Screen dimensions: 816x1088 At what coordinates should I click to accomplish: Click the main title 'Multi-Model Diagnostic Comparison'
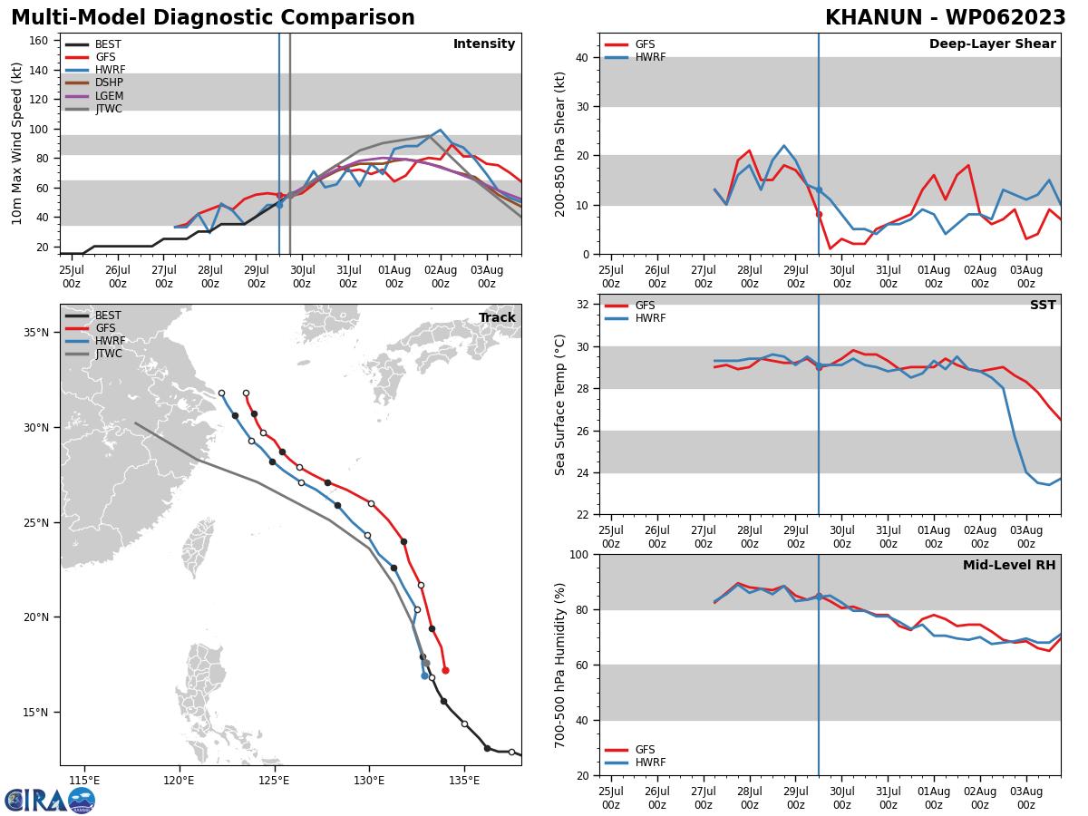213,18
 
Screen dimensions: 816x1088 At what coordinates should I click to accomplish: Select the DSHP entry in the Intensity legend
109,83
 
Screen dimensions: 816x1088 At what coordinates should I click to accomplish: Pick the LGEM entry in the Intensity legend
109,96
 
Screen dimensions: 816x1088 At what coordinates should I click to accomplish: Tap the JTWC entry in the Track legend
108,354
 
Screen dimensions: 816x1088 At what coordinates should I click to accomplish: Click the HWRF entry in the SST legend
650,318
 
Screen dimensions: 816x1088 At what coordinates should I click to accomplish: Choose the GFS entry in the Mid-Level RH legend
645,750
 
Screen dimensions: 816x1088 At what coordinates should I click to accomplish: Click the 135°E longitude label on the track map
464,780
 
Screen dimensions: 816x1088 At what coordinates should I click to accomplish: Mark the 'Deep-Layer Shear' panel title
992,44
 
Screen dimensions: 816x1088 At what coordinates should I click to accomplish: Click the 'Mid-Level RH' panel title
1009,566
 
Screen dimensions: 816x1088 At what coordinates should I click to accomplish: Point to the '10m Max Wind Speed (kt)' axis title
16,144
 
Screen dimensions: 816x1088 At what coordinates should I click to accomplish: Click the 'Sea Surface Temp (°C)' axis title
560,404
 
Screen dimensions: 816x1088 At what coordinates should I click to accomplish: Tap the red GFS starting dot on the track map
445,670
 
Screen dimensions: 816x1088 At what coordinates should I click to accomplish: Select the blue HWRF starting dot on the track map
424,675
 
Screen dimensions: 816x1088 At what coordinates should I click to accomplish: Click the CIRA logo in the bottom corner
50,800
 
